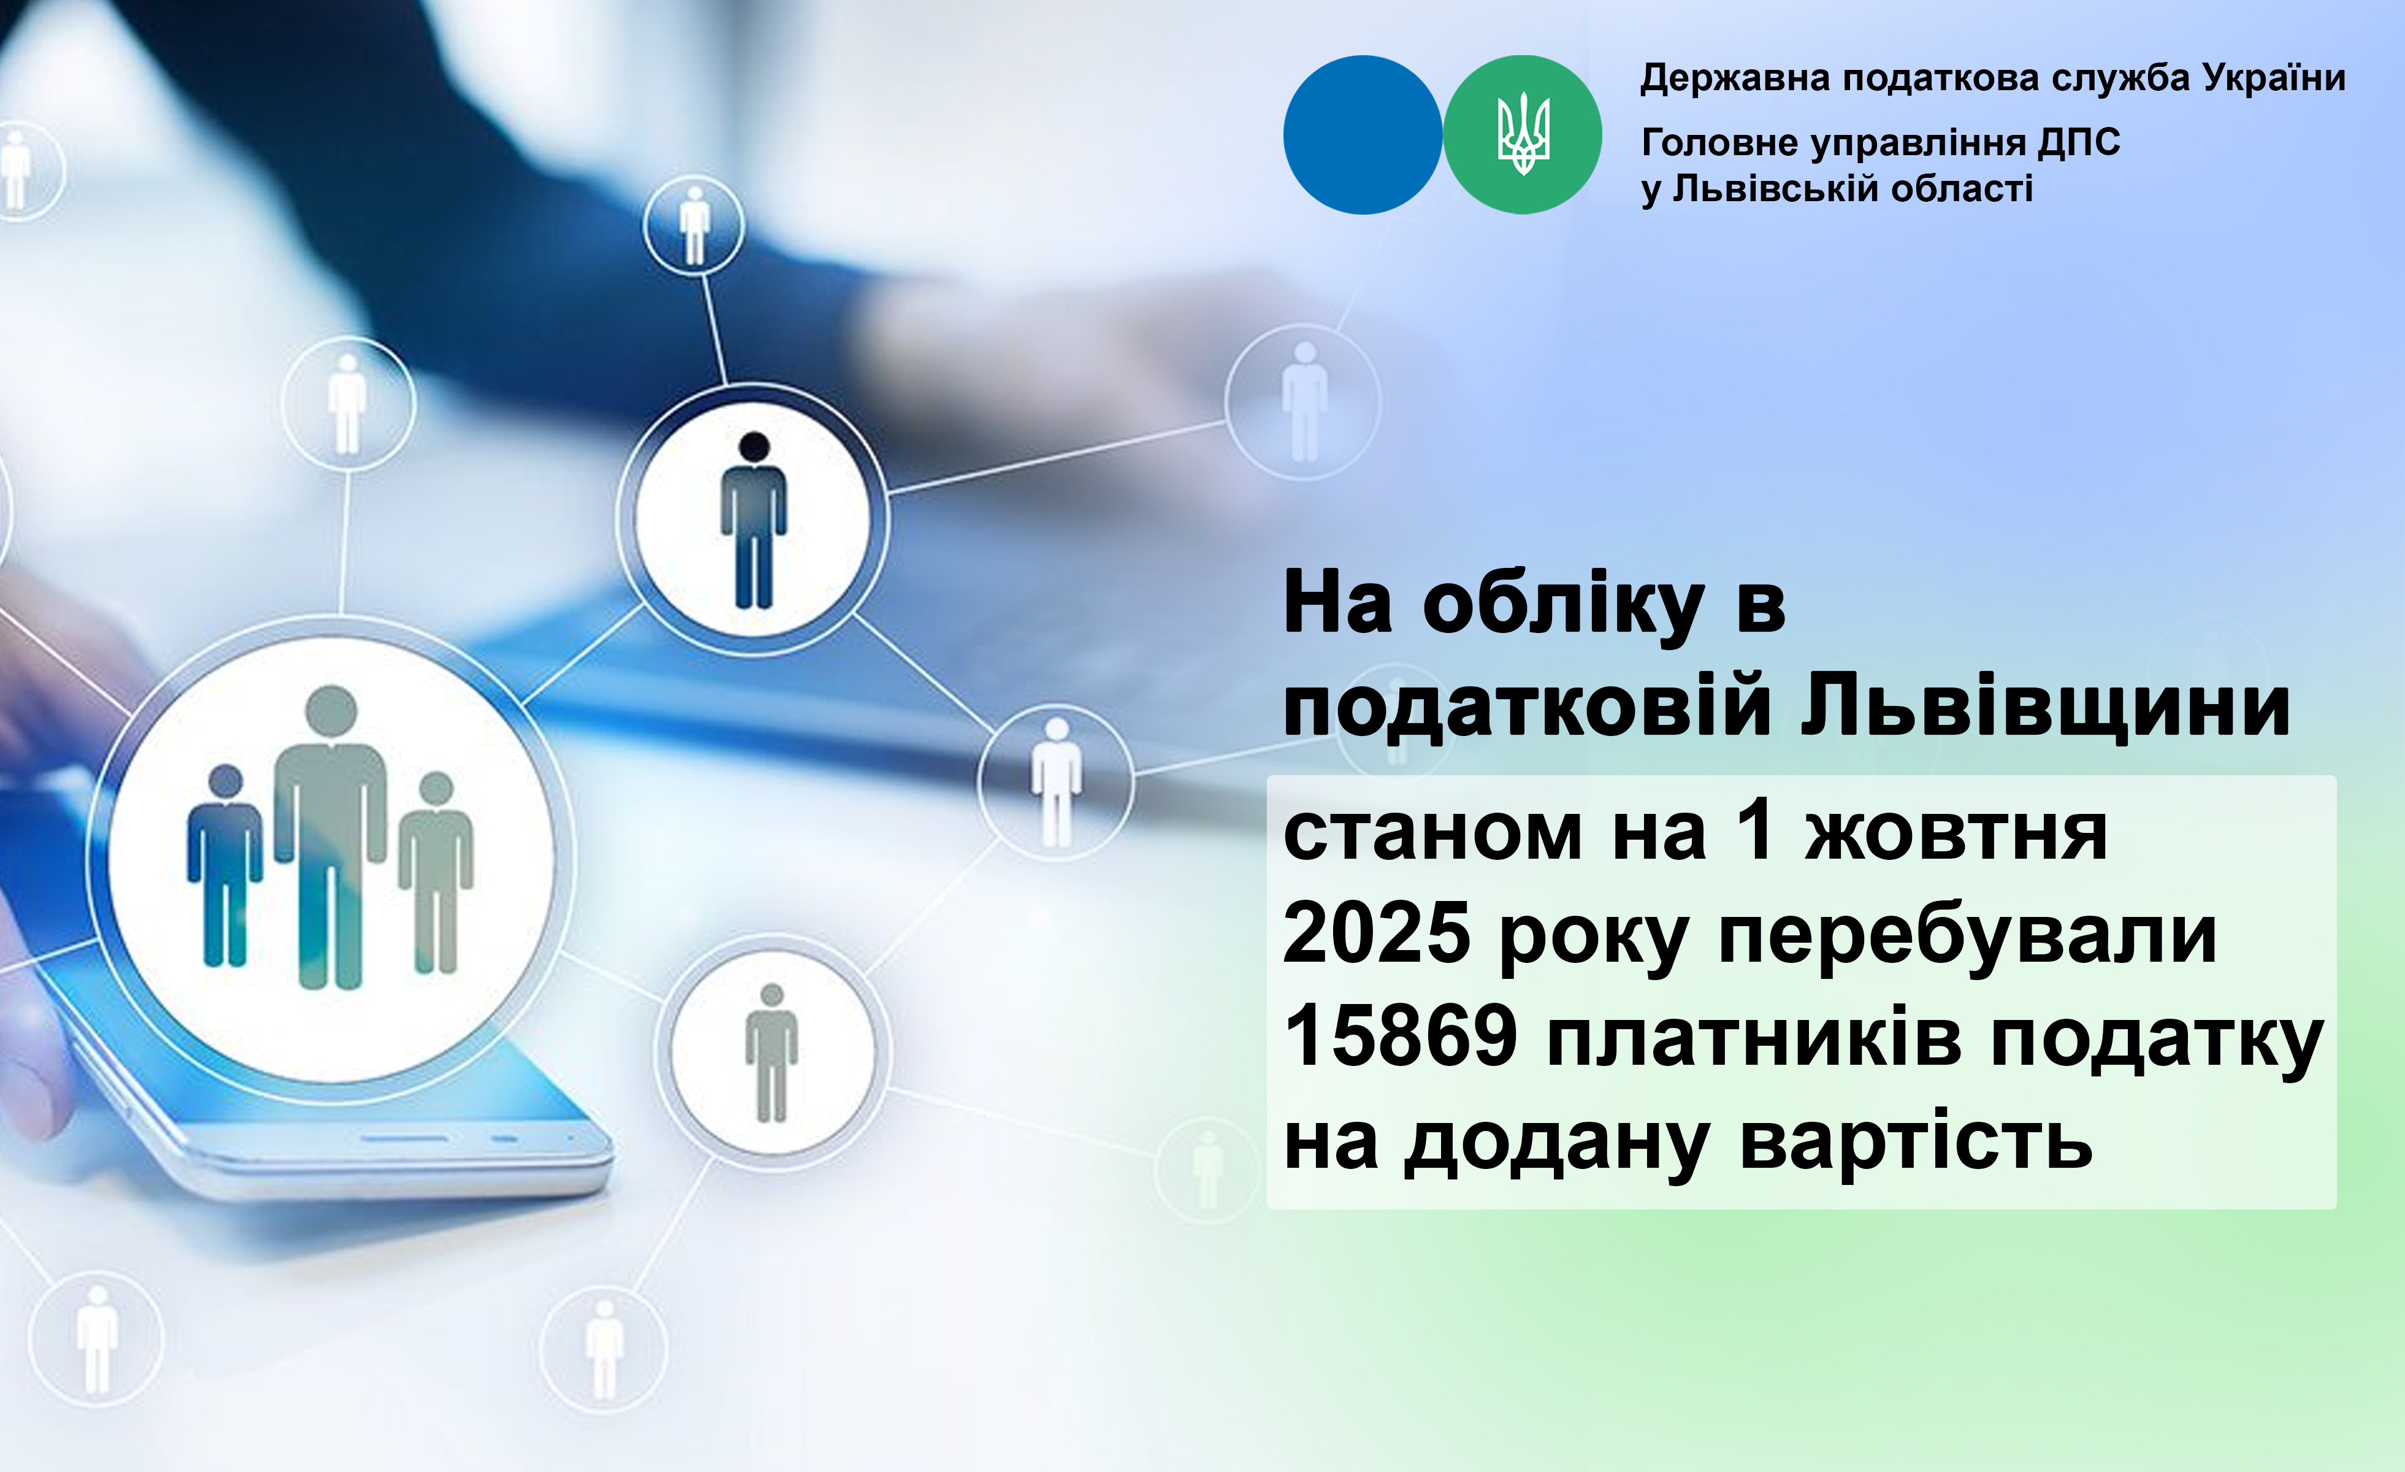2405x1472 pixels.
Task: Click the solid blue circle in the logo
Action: (x=1363, y=135)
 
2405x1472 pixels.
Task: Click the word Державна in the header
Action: (x=1734, y=78)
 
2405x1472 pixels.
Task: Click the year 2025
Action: (x=1376, y=932)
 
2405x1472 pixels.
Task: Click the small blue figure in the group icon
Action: (x=224, y=865)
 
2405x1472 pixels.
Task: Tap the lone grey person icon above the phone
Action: (x=771, y=1052)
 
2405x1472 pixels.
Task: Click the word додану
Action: (x=1557, y=1146)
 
